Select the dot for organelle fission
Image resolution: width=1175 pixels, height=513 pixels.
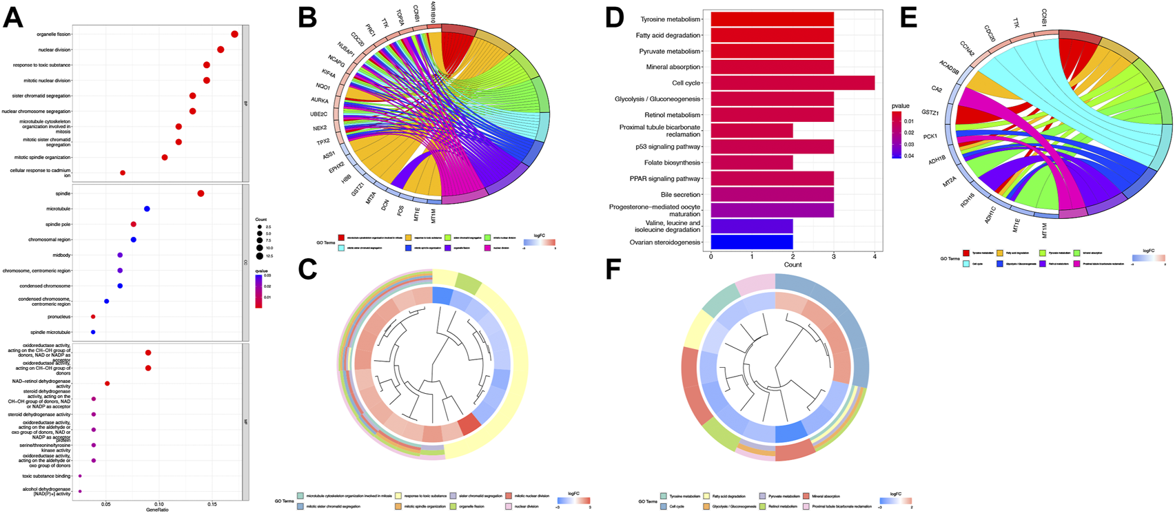pyautogui.click(x=234, y=34)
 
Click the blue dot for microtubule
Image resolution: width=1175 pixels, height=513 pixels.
pyautogui.click(x=147, y=209)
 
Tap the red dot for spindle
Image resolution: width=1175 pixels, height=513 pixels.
pyautogui.click(x=201, y=193)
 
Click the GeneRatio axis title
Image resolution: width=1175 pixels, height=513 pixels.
pyautogui.click(x=157, y=510)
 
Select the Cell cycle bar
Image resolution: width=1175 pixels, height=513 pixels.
pyautogui.click(x=793, y=83)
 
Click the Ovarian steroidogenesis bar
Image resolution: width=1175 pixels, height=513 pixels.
pyautogui.click(x=751, y=242)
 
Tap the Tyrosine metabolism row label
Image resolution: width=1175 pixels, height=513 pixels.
pyautogui.click(x=670, y=19)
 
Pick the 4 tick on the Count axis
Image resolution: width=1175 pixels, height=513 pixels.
pyautogui.click(x=875, y=256)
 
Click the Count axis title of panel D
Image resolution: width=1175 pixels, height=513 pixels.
pyautogui.click(x=793, y=264)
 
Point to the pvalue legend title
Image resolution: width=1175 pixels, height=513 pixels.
pyautogui.click(x=900, y=106)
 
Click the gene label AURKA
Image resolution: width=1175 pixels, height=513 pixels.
pyautogui.click(x=320, y=101)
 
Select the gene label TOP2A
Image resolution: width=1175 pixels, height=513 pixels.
pyautogui.click(x=400, y=16)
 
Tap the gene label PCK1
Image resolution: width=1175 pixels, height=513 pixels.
pyautogui.click(x=930, y=136)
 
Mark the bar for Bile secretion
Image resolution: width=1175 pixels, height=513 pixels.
pyautogui.click(x=772, y=195)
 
